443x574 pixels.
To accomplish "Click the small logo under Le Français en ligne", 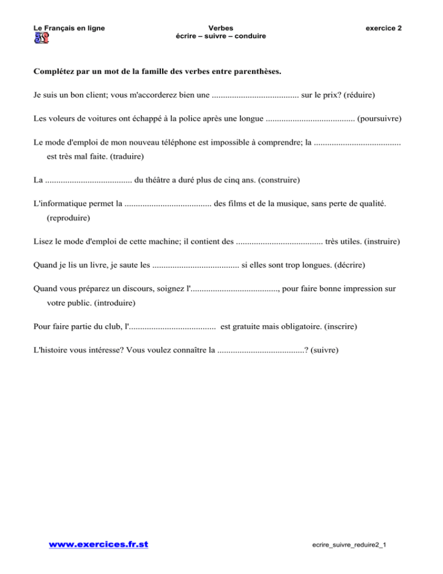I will (42, 39).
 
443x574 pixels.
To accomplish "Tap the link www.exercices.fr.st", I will (98, 545).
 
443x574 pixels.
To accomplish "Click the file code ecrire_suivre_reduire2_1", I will (348, 546).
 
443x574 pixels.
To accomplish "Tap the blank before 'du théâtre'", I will (88, 180).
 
